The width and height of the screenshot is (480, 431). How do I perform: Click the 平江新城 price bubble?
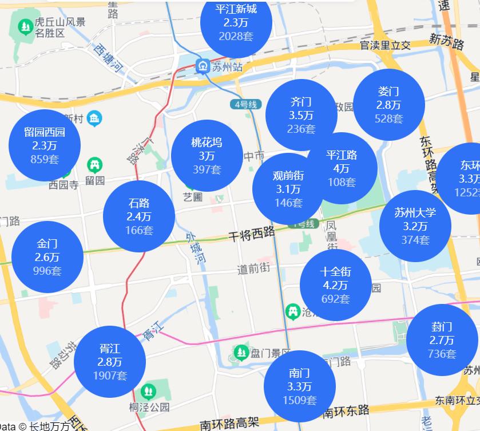pyautogui.click(x=236, y=23)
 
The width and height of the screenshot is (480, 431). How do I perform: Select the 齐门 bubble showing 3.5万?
pyautogui.click(x=301, y=115)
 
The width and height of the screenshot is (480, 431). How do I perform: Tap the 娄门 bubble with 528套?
pyautogui.click(x=388, y=105)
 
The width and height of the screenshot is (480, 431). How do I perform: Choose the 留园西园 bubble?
pyautogui.click(x=45, y=145)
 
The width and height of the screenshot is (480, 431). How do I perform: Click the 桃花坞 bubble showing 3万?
pyautogui.click(x=207, y=156)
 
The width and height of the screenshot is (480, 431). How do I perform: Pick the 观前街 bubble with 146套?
pyautogui.click(x=288, y=189)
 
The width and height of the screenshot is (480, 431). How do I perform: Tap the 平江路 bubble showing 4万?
pyautogui.click(x=342, y=168)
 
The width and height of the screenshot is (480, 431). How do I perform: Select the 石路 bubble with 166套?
pyautogui.click(x=139, y=216)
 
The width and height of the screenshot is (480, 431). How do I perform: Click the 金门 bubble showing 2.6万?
pyautogui.click(x=47, y=257)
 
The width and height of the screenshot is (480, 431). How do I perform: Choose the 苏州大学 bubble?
pyautogui.click(x=415, y=226)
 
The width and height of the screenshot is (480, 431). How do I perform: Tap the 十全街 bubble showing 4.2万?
pyautogui.click(x=336, y=285)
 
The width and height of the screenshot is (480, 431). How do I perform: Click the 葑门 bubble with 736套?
pyautogui.click(x=442, y=340)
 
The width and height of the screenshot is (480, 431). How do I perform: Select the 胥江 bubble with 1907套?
pyautogui.click(x=110, y=362)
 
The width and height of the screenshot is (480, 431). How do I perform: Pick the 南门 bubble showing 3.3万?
pyautogui.click(x=299, y=386)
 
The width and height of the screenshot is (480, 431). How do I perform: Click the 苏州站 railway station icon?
pyautogui.click(x=203, y=66)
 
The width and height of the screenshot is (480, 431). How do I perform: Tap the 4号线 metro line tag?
pyautogui.click(x=247, y=104)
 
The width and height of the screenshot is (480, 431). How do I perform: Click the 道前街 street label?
pyautogui.click(x=253, y=268)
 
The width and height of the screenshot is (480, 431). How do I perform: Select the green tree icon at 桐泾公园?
pyautogui.click(x=149, y=392)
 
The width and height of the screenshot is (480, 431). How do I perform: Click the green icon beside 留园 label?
pyautogui.click(x=95, y=166)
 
